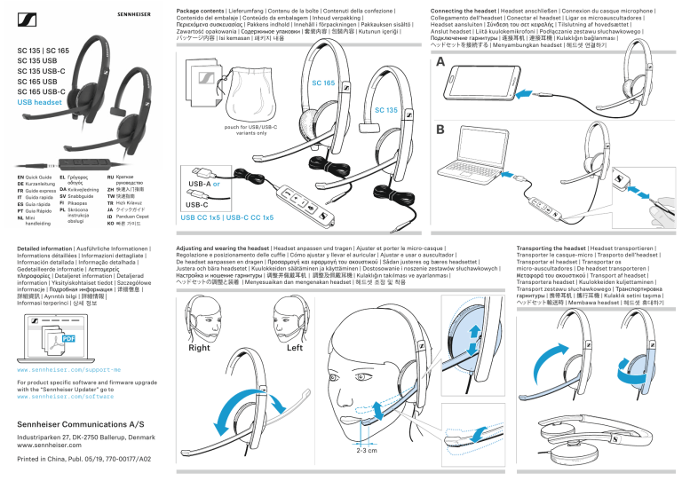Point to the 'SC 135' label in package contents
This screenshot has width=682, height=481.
tap(385, 111)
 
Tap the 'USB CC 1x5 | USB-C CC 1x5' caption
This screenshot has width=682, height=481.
tap(226, 217)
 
